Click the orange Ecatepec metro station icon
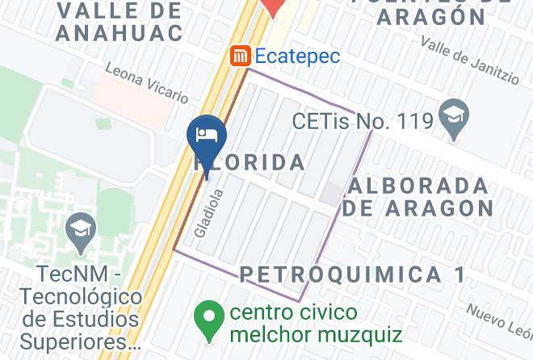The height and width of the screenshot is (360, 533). pos(240,56)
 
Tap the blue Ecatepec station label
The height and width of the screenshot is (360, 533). pos(297,57)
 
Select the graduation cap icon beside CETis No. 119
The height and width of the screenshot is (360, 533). pos(453,120)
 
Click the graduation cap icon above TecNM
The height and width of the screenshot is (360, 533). pos(81,232)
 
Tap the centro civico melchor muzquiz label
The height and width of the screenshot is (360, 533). pos(315,322)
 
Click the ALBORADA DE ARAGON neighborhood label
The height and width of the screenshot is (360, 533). pos(418,196)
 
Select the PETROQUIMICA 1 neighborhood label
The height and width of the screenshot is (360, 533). pos(353,274)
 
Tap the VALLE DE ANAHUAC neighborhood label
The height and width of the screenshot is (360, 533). pos(120,22)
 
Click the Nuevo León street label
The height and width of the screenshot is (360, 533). pos(499,320)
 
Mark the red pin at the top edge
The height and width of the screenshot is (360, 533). pos(275,6)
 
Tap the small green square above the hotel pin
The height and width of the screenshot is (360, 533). pos(103,123)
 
